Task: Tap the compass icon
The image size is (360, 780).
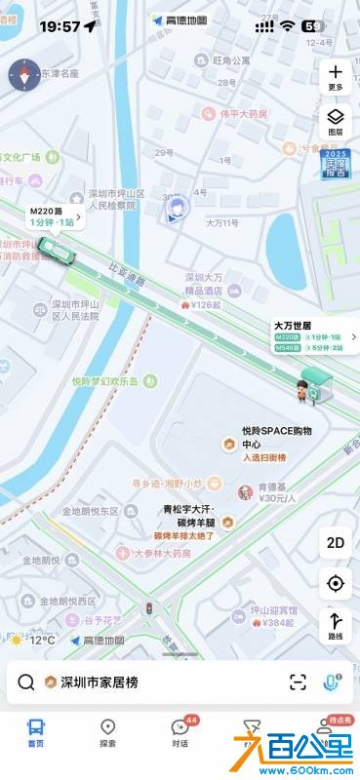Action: (24, 75)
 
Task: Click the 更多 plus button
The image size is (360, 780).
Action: (336, 77)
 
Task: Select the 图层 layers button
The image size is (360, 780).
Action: (336, 121)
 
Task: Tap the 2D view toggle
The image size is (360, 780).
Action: (336, 543)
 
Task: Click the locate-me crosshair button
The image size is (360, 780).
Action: (336, 583)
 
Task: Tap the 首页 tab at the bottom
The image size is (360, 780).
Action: (36, 733)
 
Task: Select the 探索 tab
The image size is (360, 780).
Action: (108, 733)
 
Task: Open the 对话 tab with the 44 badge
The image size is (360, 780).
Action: (180, 733)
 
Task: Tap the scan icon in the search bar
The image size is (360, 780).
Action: (298, 682)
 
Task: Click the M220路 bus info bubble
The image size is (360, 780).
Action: (52, 216)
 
